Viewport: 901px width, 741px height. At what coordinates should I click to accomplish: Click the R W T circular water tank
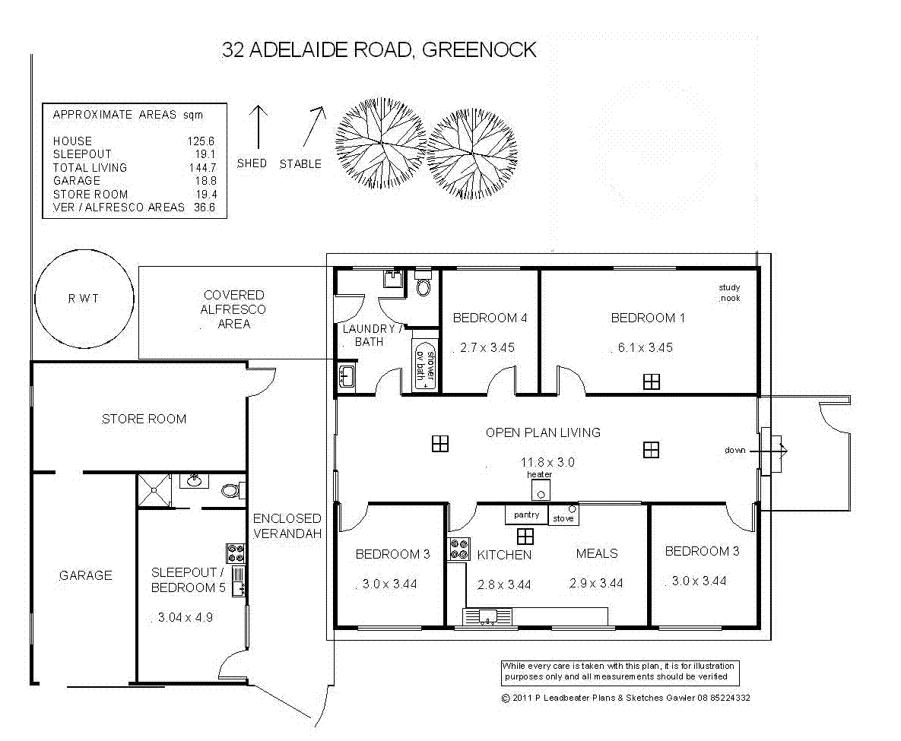tap(83, 299)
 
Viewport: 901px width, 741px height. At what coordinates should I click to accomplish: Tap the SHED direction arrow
tap(259, 128)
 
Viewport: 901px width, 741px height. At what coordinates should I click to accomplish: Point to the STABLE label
tap(300, 164)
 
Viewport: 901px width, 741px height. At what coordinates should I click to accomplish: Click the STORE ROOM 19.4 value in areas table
tap(205, 195)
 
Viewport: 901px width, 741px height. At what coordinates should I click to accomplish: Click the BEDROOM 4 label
tap(490, 318)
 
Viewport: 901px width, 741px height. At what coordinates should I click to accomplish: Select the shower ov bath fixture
tap(425, 366)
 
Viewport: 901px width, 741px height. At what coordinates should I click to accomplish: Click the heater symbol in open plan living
tap(540, 490)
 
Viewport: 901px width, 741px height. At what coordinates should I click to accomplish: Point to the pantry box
tap(526, 515)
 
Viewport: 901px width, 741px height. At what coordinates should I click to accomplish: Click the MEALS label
tap(596, 554)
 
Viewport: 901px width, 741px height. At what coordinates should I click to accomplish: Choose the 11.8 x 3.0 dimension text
tap(547, 462)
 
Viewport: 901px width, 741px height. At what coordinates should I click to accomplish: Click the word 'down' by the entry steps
tap(734, 451)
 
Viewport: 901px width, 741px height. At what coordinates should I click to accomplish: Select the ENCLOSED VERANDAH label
tap(287, 526)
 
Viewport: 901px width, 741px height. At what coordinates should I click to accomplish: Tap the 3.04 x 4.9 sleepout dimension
tap(185, 617)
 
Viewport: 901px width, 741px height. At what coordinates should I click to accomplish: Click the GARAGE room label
tap(85, 576)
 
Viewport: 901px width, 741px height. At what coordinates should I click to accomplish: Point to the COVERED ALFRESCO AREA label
tap(233, 309)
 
